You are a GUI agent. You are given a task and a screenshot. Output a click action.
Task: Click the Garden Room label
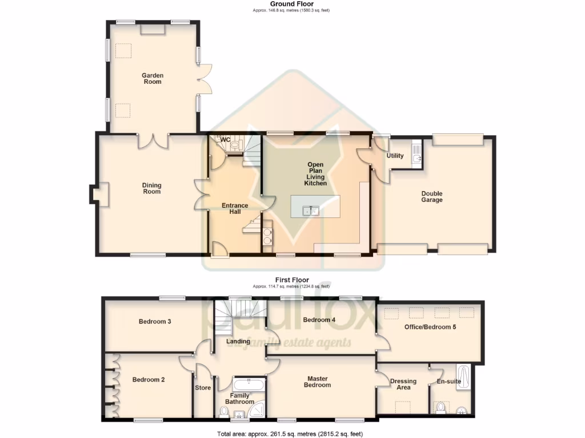(x=153, y=78)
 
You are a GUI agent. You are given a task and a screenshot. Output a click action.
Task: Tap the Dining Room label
(x=152, y=188)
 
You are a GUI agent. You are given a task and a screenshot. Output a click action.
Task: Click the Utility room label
(x=395, y=156)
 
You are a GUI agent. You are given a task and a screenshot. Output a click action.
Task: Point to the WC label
(x=225, y=139)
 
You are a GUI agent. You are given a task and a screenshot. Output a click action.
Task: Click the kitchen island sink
(x=311, y=211)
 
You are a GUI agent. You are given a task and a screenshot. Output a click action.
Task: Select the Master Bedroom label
(x=317, y=382)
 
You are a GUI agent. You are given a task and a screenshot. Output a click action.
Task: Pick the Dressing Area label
(x=403, y=384)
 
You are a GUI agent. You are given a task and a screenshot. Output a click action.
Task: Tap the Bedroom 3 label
(x=155, y=321)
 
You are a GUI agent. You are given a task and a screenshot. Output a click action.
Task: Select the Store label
(x=203, y=388)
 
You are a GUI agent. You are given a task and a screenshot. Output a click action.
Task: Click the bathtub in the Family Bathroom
(x=249, y=384)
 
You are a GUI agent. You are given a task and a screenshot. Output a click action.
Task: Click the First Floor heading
(x=292, y=280)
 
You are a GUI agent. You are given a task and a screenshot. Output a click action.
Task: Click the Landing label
(x=238, y=342)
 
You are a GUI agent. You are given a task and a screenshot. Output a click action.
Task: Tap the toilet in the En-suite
(x=440, y=408)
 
